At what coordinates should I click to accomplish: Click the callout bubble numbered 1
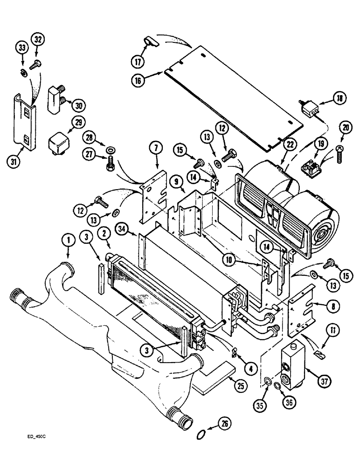(69, 240)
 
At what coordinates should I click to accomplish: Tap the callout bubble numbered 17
(137, 61)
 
